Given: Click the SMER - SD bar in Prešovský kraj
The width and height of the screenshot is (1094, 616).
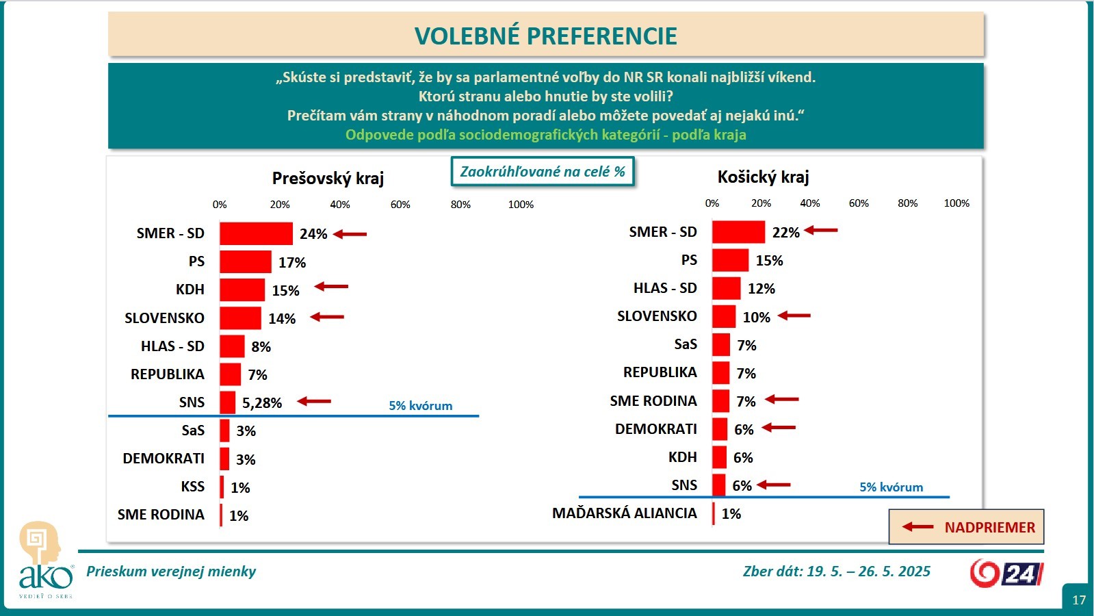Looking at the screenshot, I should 256,233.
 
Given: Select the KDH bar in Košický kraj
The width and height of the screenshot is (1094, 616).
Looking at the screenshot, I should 719,457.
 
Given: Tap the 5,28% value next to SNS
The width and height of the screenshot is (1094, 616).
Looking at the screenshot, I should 262,403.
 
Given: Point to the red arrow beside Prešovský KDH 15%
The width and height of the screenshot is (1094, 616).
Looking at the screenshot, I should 331,287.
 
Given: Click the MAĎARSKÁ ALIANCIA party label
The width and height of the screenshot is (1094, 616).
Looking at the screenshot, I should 624,513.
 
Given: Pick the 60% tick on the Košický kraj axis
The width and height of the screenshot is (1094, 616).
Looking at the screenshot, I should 859,203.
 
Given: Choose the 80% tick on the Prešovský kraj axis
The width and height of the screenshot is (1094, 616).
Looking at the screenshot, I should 460,205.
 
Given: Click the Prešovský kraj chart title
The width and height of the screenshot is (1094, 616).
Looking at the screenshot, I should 328,179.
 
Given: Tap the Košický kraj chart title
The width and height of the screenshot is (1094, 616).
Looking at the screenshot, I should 763,177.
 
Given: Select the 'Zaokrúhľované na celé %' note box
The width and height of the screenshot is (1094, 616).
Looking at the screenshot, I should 542,172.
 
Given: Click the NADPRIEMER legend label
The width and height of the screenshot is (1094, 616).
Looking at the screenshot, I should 989,528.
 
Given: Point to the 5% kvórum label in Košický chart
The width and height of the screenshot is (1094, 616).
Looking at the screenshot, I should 891,487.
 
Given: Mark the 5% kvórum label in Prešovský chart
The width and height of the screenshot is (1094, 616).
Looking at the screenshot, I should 420,406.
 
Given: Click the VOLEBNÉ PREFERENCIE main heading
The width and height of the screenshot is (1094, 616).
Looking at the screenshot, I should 545,36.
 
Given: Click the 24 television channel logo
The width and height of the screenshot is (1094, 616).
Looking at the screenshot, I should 1006,573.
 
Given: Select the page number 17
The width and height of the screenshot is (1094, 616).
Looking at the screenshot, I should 1078,600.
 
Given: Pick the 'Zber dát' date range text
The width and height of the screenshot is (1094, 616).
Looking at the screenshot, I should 836,572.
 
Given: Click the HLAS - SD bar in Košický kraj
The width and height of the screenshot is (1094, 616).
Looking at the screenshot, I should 726,288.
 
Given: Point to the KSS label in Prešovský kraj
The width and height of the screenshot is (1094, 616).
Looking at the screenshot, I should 192,487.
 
